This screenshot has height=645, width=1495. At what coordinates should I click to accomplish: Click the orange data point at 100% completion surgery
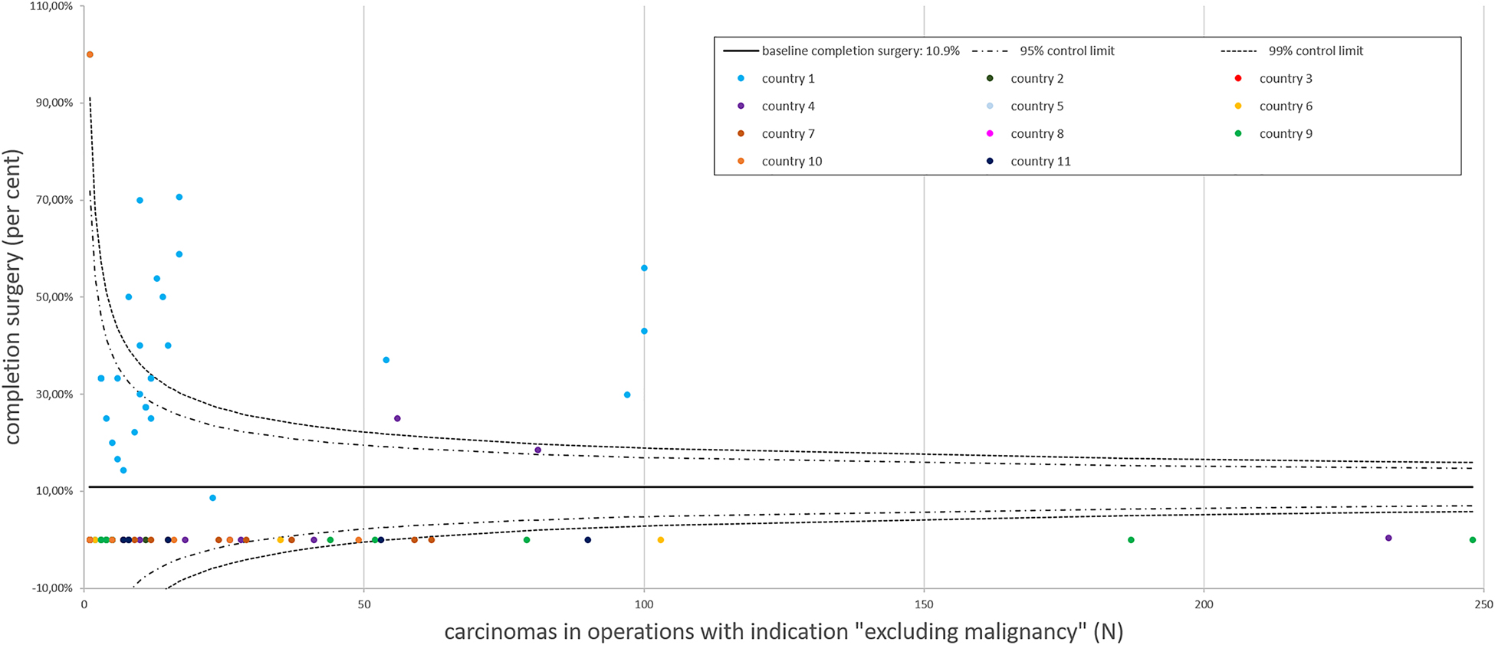(90, 54)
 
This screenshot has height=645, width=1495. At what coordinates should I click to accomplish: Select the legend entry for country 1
(787, 78)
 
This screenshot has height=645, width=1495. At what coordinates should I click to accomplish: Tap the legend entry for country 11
(1040, 161)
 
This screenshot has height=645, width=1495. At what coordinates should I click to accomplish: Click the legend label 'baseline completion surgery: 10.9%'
(859, 51)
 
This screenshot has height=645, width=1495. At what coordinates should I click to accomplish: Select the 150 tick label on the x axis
(924, 604)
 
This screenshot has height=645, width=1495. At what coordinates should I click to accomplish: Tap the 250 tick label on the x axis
(1483, 604)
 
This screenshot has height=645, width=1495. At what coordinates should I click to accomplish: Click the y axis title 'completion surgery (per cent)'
(13, 297)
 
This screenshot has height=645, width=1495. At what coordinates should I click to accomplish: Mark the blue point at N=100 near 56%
(644, 268)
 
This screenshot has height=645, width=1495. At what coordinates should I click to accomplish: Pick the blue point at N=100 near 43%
(644, 331)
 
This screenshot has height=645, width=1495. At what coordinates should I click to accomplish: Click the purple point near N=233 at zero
(1388, 538)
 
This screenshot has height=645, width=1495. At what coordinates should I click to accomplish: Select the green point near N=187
(1131, 540)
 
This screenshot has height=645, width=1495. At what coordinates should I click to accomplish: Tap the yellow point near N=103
(661, 540)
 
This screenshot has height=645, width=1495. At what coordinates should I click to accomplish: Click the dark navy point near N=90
(588, 540)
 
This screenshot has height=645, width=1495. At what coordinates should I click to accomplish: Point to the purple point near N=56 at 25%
(397, 418)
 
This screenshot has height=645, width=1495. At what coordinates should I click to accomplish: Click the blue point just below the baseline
(212, 498)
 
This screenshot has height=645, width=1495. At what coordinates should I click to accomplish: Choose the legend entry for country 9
(1285, 133)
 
